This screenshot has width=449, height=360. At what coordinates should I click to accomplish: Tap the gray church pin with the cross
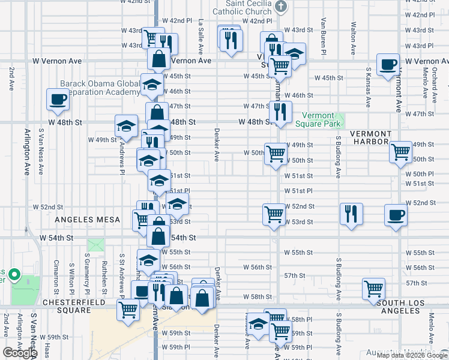tap(280, 7)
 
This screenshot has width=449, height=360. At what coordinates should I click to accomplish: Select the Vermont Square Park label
tap(318, 119)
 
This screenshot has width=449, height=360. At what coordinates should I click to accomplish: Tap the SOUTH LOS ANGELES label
tap(412, 306)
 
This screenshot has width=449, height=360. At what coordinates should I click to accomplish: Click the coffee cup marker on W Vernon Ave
tap(388, 65)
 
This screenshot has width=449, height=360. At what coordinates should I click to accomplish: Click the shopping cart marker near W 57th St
tap(373, 289)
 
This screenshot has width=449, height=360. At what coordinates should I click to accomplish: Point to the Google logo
tap(20, 353)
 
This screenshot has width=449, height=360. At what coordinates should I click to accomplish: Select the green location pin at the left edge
tap(17, 277)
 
